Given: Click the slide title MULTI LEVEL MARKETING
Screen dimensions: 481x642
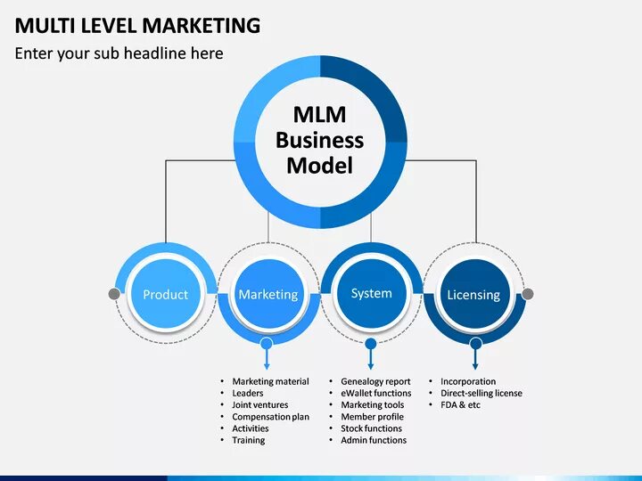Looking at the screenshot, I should coord(137,24).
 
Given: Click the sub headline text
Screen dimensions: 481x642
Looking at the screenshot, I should coord(119,53).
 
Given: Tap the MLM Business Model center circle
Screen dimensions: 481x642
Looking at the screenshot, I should coord(320,140).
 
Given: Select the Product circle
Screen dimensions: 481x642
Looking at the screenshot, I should coord(166,294).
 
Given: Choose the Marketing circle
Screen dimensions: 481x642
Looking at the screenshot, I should coord(268,294).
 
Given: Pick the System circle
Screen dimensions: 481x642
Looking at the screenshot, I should coord(371,293).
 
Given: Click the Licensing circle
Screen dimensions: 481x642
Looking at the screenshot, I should coord(473,294).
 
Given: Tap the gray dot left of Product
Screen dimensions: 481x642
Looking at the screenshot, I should coord(114,294).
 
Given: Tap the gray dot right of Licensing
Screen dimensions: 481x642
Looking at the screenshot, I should coord(527,294).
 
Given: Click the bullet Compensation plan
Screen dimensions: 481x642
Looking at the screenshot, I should coord(270,417).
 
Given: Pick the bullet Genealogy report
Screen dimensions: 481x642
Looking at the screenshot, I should coord(375,382).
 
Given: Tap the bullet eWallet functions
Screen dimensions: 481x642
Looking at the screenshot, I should coord(375,394).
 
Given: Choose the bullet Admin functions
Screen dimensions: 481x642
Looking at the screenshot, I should coord(373,440).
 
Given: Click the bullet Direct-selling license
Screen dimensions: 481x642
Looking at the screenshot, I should coord(481,394).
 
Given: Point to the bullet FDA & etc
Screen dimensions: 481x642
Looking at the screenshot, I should coord(460,405).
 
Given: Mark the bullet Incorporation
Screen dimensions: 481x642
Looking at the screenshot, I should coord(467,382).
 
